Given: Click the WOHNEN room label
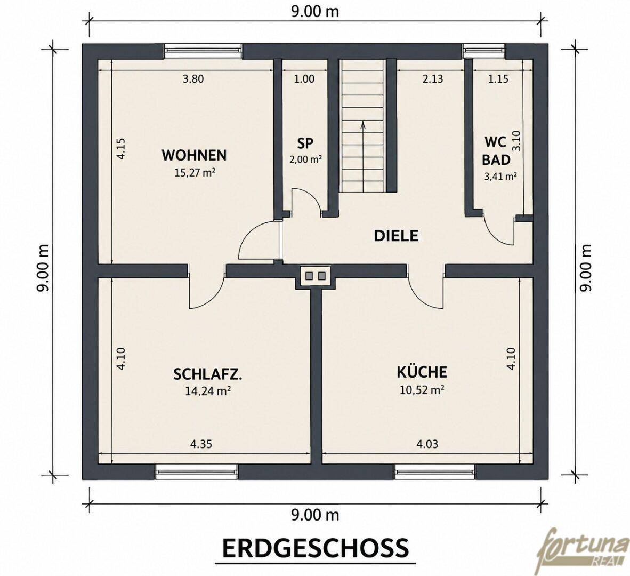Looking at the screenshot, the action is tap(194, 155).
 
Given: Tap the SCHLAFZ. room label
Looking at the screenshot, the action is tap(208, 374).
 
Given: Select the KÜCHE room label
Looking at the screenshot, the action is tap(422, 371).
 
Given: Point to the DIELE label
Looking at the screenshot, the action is tap(396, 236).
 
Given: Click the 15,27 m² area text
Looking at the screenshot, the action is tap(194, 172).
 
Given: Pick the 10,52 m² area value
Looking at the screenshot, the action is tap(422, 389).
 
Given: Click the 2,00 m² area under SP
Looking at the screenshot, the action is tap(306, 159).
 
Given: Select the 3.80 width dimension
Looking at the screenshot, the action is tap(193, 79).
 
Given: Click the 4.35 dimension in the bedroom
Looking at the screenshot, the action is tap(201, 444).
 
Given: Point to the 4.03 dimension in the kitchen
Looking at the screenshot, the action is tap(427, 444).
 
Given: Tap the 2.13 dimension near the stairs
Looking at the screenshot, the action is tap(433, 79).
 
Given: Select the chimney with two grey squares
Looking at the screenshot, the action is tap(316, 276).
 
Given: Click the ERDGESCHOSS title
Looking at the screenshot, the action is tap(316, 548).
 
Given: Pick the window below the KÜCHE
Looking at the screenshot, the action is tap(434, 471).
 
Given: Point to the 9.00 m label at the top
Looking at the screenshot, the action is tap(315, 12).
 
